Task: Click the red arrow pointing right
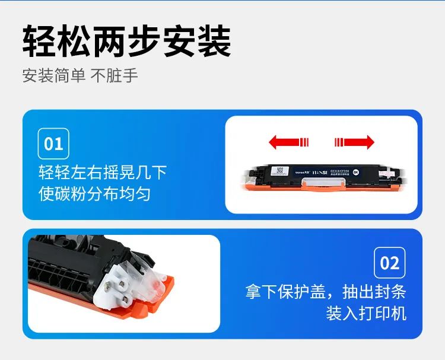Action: [354, 142]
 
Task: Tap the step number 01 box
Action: [53, 143]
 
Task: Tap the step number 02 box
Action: [390, 263]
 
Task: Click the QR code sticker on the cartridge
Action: [279, 171]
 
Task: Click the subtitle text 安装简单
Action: [54, 77]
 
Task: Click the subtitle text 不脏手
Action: [114, 77]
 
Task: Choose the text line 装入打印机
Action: [366, 313]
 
